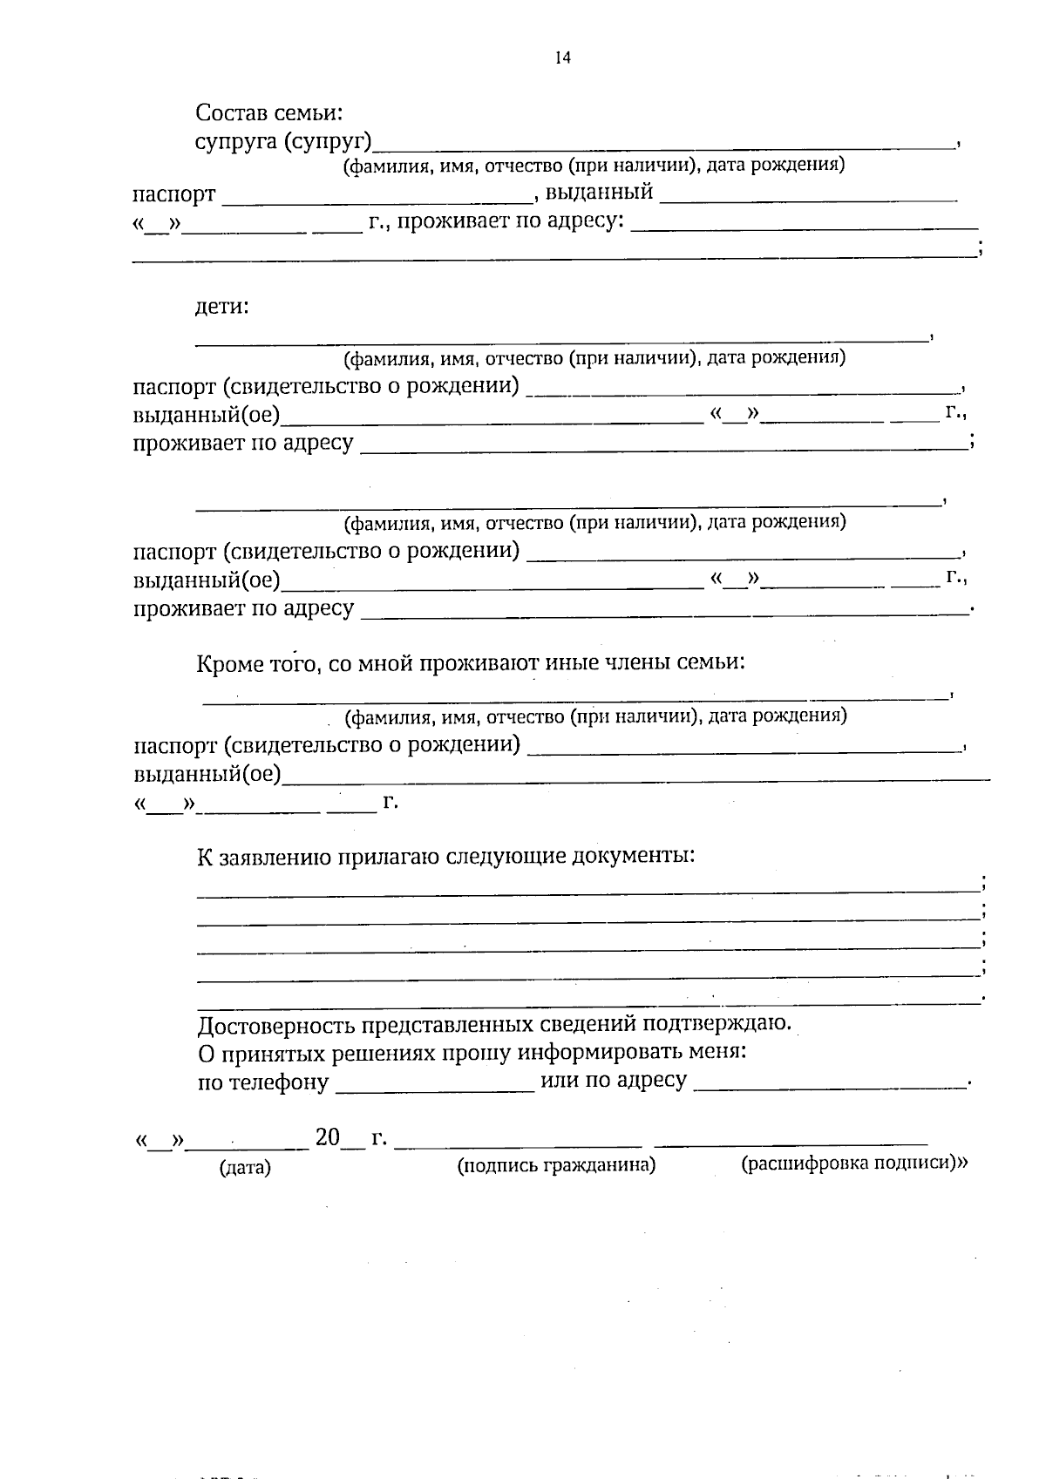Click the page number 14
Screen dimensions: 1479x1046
point(562,58)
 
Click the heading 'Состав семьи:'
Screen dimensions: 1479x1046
point(269,112)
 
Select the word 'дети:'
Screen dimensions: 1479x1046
point(221,307)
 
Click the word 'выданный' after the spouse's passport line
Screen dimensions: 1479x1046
point(599,193)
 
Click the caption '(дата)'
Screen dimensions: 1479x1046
point(245,1168)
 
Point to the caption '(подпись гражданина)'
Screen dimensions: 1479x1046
point(556,1165)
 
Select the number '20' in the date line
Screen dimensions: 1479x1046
point(327,1137)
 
